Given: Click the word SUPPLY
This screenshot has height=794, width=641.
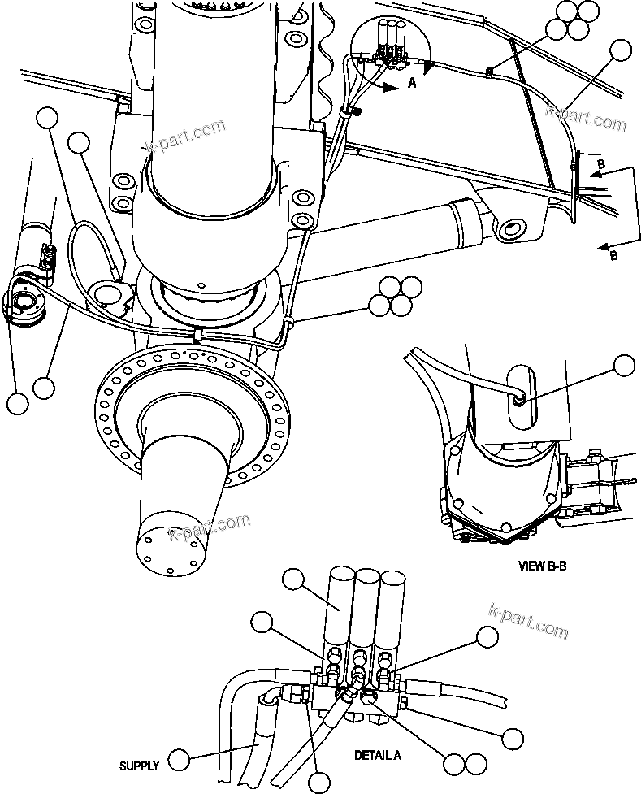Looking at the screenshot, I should point(140,766).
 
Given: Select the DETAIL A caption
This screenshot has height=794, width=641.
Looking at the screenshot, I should point(377,755).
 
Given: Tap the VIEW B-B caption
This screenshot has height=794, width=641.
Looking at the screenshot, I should point(541,566).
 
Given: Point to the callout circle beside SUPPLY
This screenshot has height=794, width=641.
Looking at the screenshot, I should point(180,761).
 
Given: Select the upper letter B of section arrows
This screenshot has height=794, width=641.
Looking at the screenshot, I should point(600,164).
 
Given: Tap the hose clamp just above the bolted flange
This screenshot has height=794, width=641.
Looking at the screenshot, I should point(198,334).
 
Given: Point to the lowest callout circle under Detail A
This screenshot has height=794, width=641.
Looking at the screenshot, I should point(321,783).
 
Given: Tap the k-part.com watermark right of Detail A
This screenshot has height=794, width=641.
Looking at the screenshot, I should point(529,618).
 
